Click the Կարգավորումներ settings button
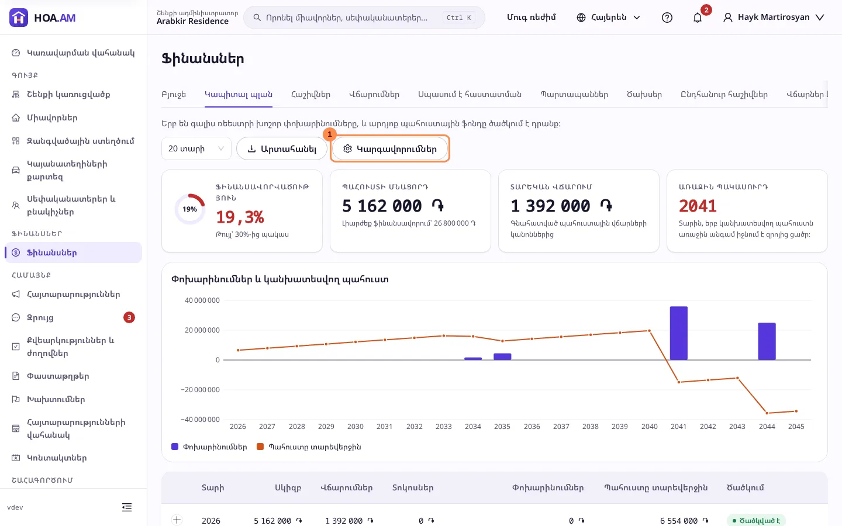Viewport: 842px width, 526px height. (x=390, y=149)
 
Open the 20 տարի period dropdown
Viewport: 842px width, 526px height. (x=196, y=149)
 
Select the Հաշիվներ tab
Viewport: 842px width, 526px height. (x=310, y=94)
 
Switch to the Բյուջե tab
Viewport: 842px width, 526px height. (x=174, y=94)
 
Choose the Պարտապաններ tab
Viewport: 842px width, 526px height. (x=574, y=94)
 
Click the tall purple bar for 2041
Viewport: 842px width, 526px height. (x=678, y=333)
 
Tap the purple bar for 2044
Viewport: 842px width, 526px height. (x=767, y=341)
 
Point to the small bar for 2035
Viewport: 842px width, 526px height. (x=502, y=357)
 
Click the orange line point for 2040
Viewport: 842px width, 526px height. (x=649, y=331)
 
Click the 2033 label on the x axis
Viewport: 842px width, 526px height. (x=444, y=427)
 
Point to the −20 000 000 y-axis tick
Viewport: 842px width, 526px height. (x=200, y=390)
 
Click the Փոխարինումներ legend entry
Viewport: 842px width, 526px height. (x=209, y=447)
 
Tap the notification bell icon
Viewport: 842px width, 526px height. (x=697, y=18)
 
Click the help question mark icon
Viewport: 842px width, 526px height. (x=667, y=18)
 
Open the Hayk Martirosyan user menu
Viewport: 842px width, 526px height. (x=774, y=18)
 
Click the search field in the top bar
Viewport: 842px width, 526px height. (x=364, y=18)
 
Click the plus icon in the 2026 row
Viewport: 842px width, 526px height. (x=177, y=520)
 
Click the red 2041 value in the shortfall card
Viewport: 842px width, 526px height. (x=698, y=206)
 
